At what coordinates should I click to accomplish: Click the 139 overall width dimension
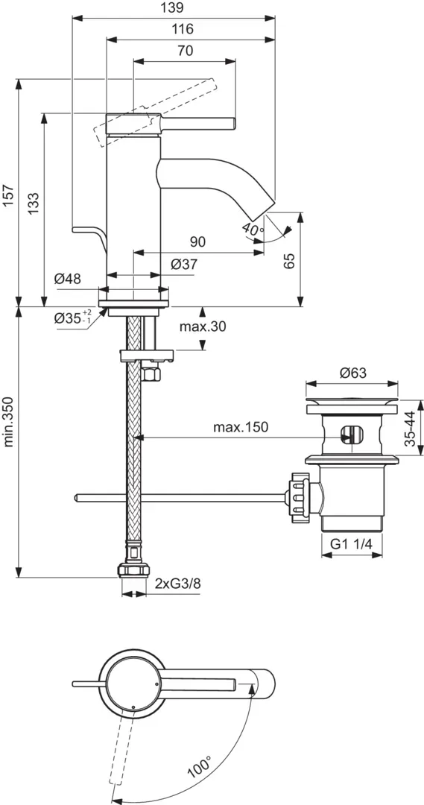click(172, 7)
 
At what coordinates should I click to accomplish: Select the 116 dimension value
click(183, 29)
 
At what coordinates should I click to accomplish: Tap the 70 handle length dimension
click(186, 51)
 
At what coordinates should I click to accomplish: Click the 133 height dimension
click(34, 203)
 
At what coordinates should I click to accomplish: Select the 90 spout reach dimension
click(198, 241)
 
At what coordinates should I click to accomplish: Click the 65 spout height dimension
click(290, 260)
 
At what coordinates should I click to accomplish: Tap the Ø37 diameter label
click(183, 265)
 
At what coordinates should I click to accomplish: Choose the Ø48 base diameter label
click(68, 279)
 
